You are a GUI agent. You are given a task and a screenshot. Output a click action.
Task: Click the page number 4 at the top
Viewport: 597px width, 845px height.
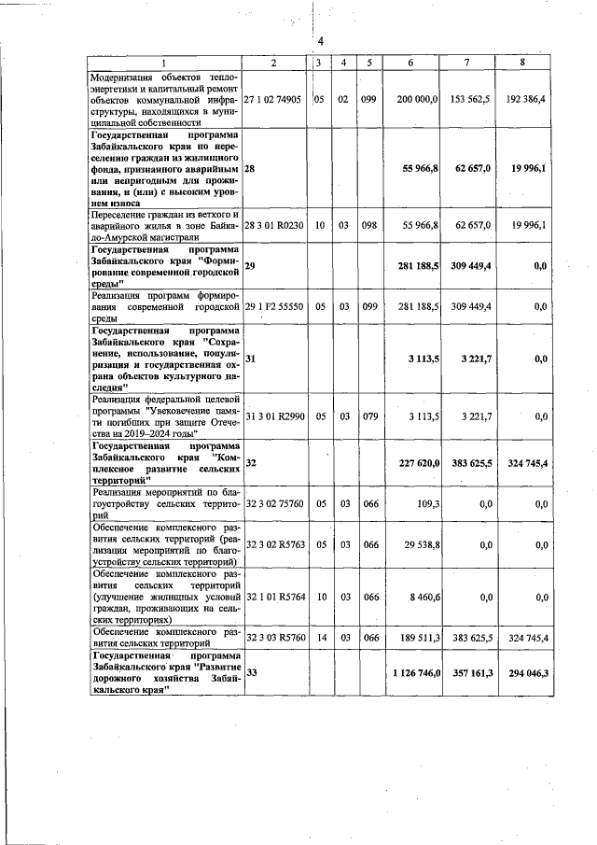tap(320, 42)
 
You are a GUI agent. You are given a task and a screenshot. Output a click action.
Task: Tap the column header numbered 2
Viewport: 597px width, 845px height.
tap(273, 63)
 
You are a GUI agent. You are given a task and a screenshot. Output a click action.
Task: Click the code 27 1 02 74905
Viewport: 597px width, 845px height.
tap(273, 98)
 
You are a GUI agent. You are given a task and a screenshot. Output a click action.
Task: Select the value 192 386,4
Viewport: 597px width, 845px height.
tap(546, 98)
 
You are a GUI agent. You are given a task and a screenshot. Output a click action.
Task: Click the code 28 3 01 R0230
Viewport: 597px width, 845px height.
tap(273, 225)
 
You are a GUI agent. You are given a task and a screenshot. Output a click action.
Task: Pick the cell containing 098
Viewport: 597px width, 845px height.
tap(368, 225)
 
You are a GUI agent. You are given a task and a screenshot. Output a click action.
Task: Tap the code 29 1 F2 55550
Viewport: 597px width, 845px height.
tap(273, 305)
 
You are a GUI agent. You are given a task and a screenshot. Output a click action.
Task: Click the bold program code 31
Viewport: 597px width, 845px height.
tap(251, 358)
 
